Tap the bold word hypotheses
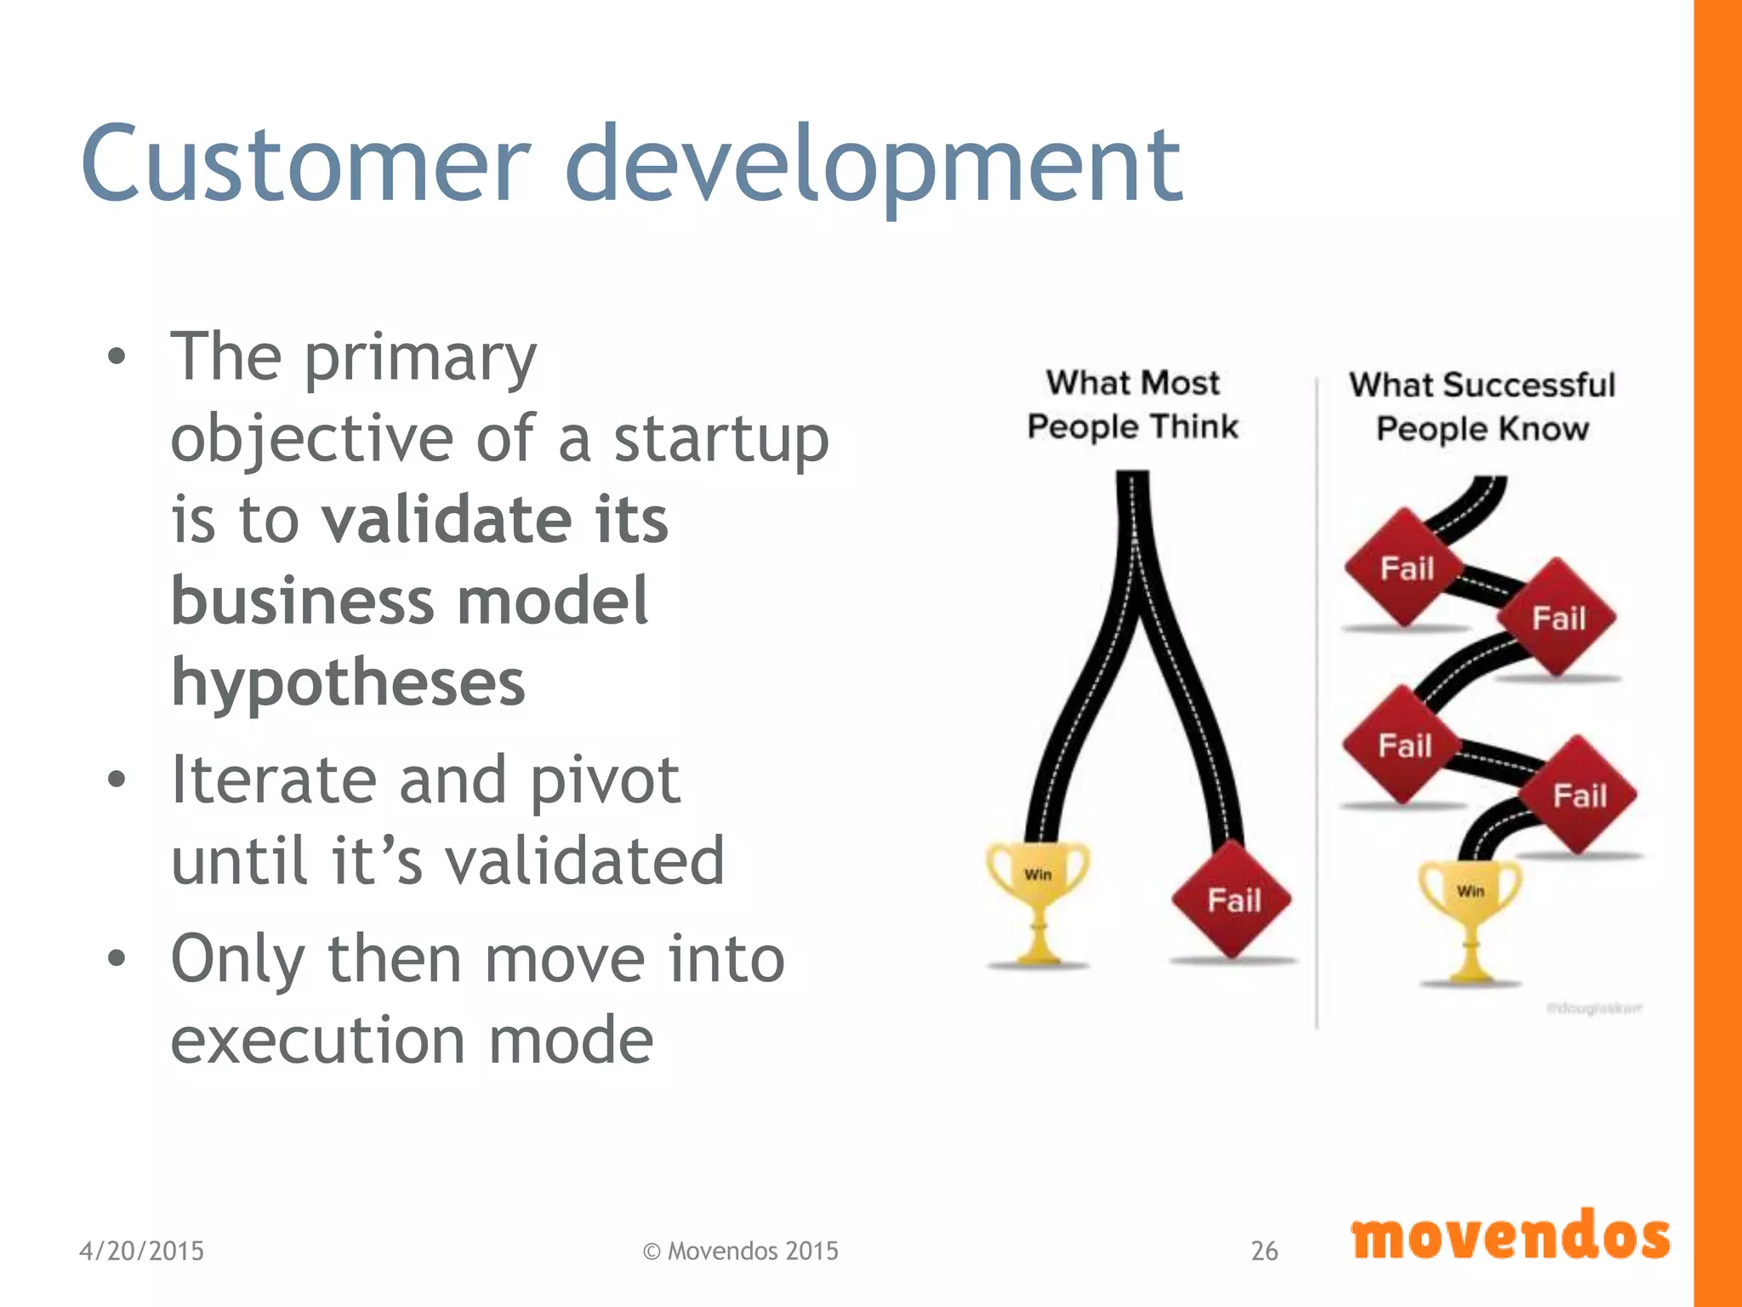348,682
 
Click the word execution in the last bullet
317,1040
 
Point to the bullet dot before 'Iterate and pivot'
117,779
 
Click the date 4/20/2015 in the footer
141,1250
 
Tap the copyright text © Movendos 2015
740,1250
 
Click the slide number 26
1264,1250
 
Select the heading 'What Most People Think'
1132,405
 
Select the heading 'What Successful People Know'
1482,407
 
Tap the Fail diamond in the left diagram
1232,899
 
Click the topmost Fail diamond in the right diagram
1406,568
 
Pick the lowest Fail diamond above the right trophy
1579,796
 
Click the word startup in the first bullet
721,439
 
